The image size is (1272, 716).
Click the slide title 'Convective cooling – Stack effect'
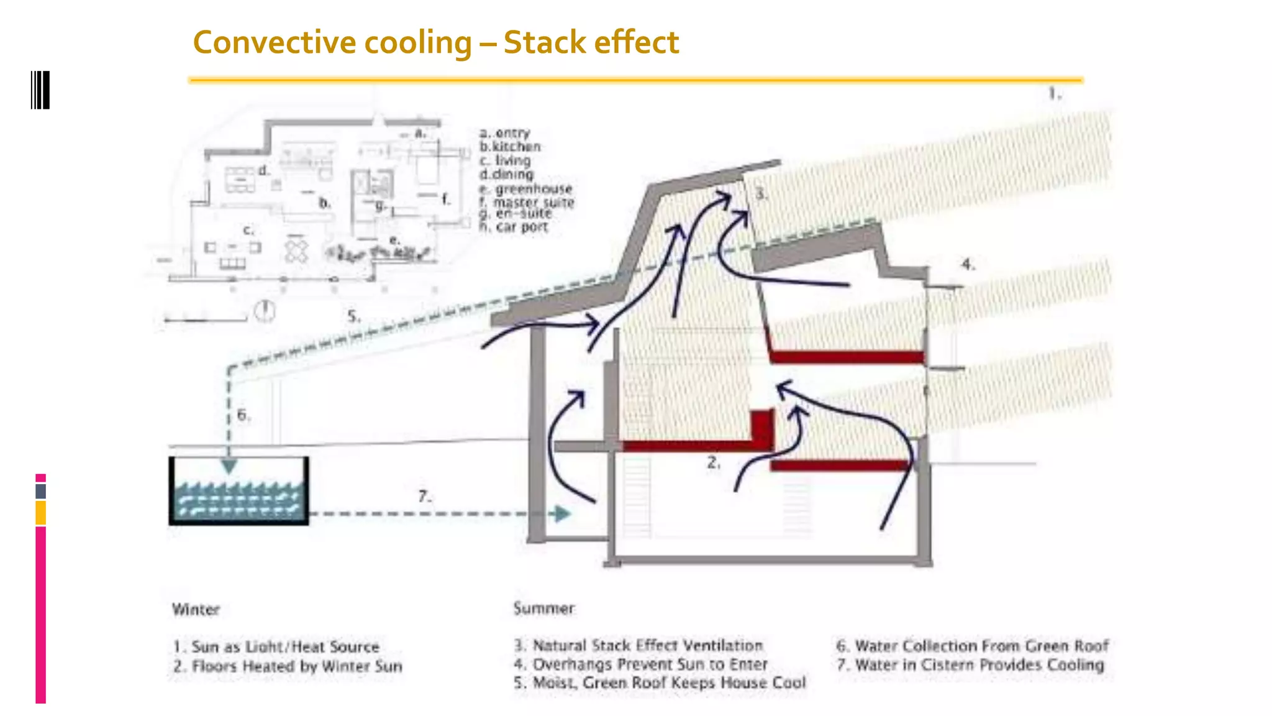435,42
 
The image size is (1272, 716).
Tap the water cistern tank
238,491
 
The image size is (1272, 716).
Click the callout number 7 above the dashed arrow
424,497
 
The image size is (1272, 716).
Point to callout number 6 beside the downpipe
243,415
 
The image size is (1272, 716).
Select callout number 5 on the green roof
353,316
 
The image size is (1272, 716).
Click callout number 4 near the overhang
968,264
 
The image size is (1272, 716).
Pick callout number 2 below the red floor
714,462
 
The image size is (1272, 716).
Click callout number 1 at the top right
1055,94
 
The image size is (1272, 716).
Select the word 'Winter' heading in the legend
196,609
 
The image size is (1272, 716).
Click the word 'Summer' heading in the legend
544,608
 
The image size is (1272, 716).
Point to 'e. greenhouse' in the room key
525,189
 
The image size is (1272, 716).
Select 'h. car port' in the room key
514,227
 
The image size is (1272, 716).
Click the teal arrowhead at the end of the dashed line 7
562,514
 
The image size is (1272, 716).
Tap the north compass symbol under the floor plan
265,310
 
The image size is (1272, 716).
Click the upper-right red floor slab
847,357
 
